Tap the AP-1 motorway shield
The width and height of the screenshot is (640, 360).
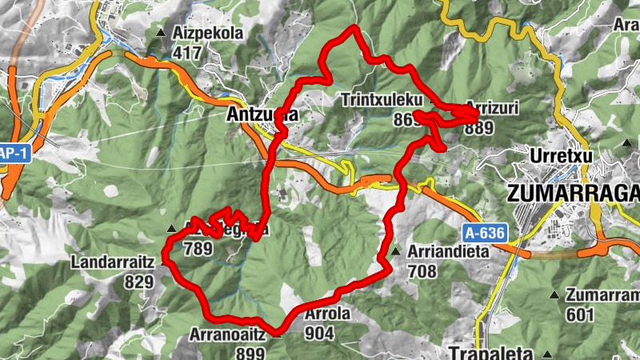click(13, 153)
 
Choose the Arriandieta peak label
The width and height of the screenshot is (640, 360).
click(444, 251)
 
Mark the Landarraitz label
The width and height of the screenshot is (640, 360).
click(112, 262)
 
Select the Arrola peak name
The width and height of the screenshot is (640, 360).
click(327, 314)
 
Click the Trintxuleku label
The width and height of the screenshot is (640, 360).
click(380, 101)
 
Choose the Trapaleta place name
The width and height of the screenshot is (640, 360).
click(480, 352)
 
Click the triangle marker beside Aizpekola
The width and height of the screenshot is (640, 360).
click(162, 34)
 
